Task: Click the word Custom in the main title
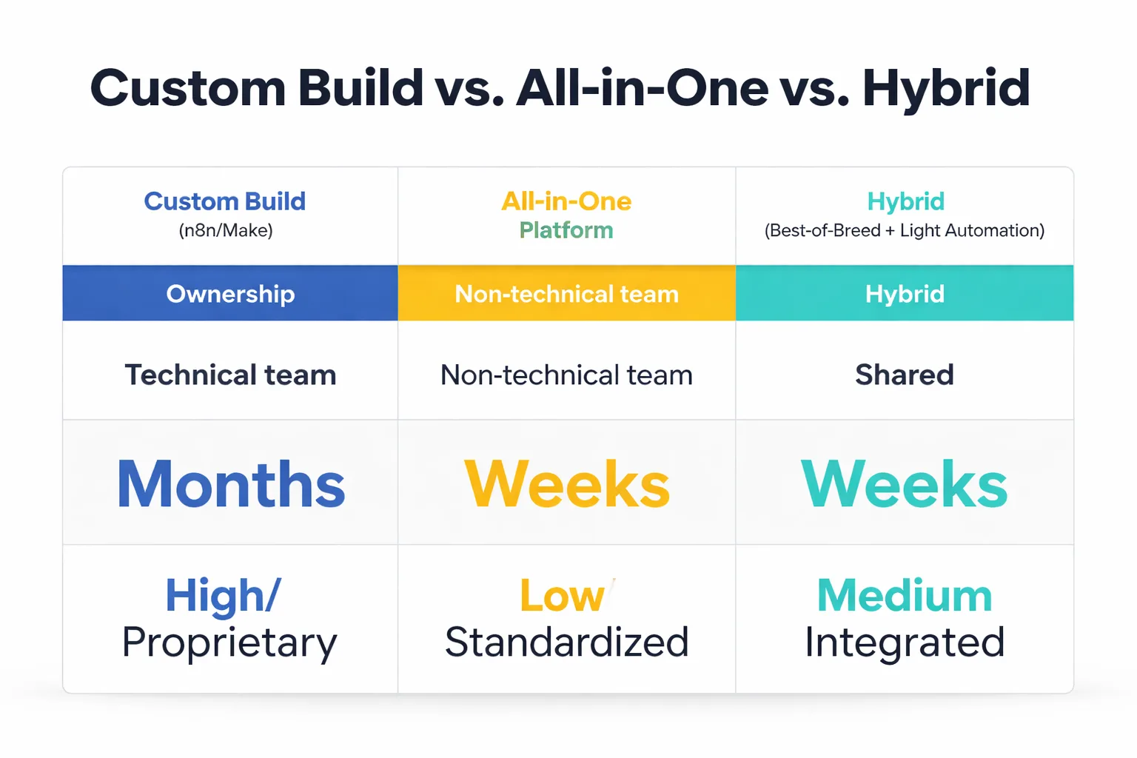coord(188,88)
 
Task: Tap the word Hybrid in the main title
coord(946,88)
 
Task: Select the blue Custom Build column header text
coord(224,201)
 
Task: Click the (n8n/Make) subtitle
coord(226,230)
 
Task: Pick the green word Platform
coord(566,230)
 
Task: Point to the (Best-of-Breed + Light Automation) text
coord(904,230)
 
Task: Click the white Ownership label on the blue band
coord(230,294)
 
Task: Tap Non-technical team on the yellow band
coord(566,294)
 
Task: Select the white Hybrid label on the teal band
coord(905,294)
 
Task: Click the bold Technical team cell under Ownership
coord(230,375)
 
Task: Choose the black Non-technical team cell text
coord(566,375)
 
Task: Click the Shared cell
coord(905,375)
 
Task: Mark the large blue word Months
coord(231,484)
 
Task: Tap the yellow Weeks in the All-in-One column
coord(567,484)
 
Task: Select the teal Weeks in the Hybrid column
coord(905,484)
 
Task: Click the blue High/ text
coord(223,596)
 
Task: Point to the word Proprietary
coord(229,643)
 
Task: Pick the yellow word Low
coord(562,596)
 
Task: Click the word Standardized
coord(566,643)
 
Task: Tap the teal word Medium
coord(905,596)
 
